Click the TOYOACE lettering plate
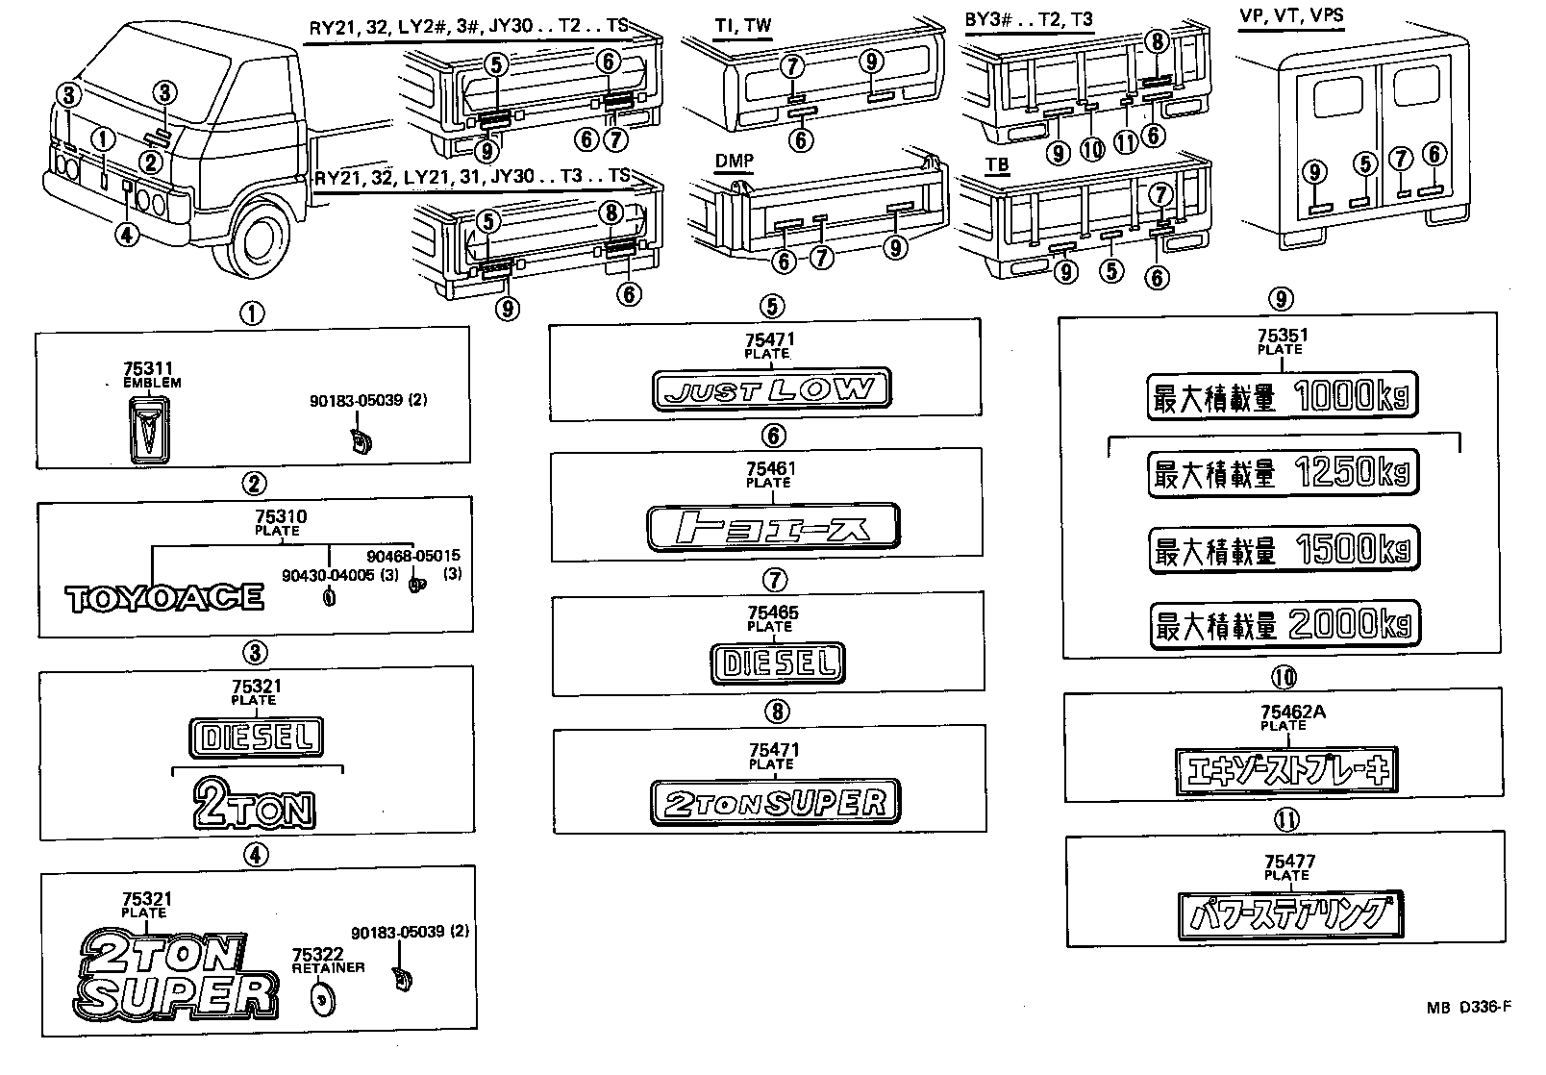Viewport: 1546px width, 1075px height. pos(163,598)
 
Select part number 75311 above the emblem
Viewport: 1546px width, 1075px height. pos(147,369)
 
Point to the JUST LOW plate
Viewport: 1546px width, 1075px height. pos(771,389)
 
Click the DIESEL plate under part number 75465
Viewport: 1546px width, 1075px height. pos(778,662)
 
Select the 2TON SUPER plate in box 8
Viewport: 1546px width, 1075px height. pos(774,803)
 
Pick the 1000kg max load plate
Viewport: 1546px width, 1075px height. pos(1283,397)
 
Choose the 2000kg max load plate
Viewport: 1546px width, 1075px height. pos(1283,626)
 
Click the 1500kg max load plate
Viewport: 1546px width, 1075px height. pos(1283,550)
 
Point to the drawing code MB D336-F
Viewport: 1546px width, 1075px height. pos(1468,1008)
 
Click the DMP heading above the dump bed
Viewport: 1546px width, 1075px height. pos(734,161)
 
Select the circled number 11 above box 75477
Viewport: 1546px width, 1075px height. pos(1286,820)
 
